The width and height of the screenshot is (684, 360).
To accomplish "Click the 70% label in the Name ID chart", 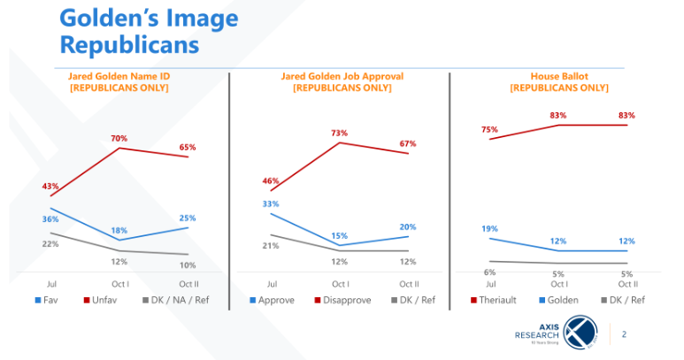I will pyautogui.click(x=119, y=138).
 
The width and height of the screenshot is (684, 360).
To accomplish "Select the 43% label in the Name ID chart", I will pyautogui.click(x=50, y=187).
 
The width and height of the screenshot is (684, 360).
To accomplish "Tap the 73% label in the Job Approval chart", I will pyautogui.click(x=340, y=133).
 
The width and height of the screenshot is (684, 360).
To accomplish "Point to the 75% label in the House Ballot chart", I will pyautogui.click(x=489, y=129).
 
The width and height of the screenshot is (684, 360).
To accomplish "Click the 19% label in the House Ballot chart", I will pyautogui.click(x=489, y=229).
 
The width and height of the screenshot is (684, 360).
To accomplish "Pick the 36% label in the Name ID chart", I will pyautogui.click(x=50, y=218).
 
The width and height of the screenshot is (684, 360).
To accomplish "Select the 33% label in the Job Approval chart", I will pyautogui.click(x=271, y=203).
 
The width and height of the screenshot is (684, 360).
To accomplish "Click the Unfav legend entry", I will pyautogui.click(x=97, y=300).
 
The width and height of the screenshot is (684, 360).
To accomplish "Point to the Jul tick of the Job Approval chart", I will pyautogui.click(x=271, y=284).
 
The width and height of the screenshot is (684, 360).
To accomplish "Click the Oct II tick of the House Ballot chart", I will pyautogui.click(x=628, y=284).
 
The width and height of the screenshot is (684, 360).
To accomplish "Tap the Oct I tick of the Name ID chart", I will pyautogui.click(x=119, y=284).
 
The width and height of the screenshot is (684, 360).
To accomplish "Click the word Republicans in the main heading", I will pyautogui.click(x=128, y=43).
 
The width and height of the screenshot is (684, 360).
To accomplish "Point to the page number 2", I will pyautogui.click(x=625, y=334).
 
